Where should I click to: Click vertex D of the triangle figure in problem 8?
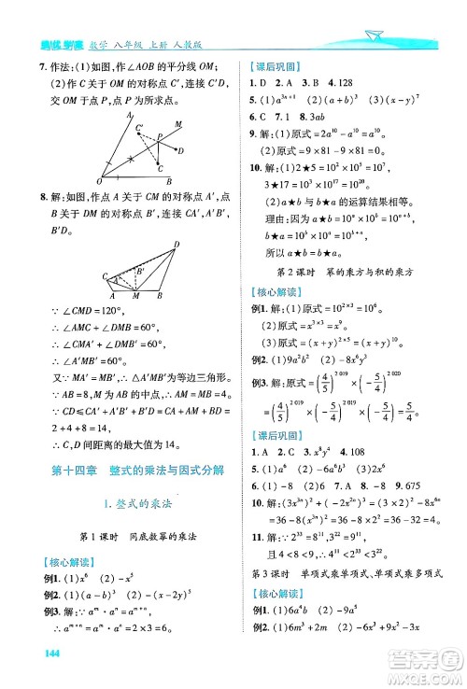click(x=175, y=245)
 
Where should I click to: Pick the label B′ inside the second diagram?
click(x=141, y=272)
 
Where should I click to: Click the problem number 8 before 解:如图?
click(x=42, y=197)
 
